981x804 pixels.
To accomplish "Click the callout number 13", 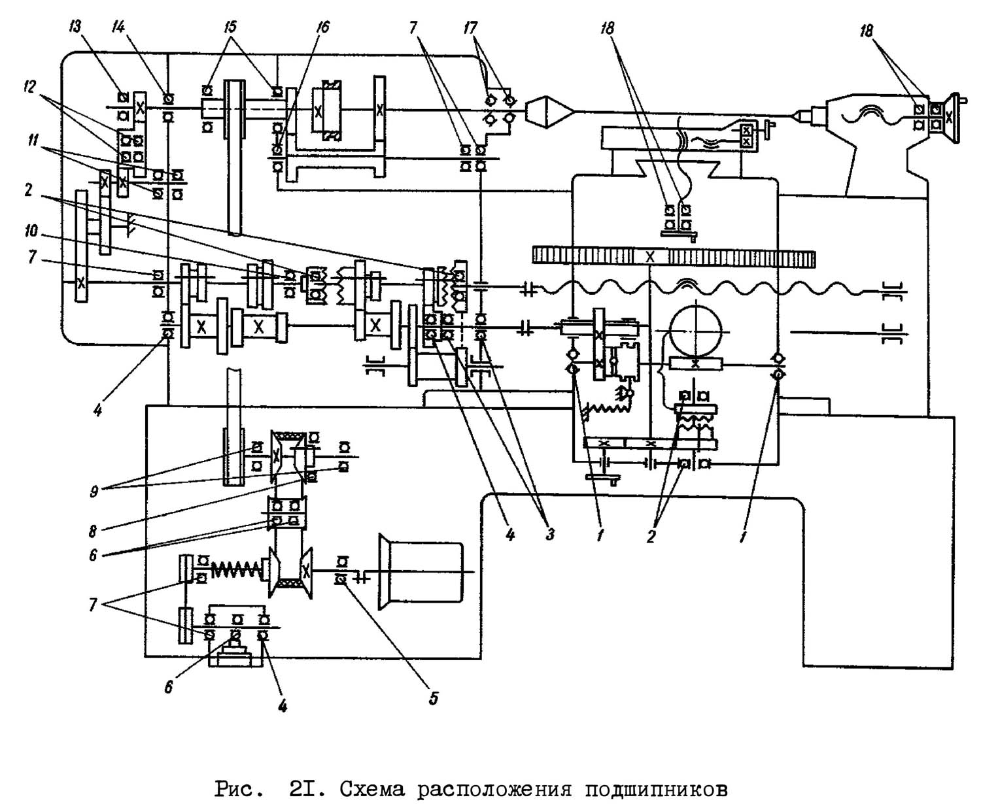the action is pyautogui.click(x=75, y=27).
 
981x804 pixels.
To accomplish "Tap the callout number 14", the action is pyautogui.click(x=118, y=27).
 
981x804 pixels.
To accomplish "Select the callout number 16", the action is pyautogui.click(x=321, y=27).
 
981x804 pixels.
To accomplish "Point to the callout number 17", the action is pyautogui.click(x=470, y=27).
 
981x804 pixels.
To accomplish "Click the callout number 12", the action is pyautogui.click(x=29, y=86).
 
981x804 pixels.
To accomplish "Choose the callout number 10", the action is pyautogui.click(x=31, y=231).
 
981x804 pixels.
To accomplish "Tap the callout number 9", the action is pyautogui.click(x=94, y=491).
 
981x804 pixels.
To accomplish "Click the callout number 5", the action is pyautogui.click(x=434, y=698).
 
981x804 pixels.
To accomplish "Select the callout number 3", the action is pyautogui.click(x=550, y=534).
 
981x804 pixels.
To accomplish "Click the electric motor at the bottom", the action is pyautogui.click(x=421, y=572).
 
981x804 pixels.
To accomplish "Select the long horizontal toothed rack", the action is pyautogui.click(x=673, y=256).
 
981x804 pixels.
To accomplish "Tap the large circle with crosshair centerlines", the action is pyautogui.click(x=695, y=331).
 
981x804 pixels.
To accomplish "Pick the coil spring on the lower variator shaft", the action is pyautogui.click(x=236, y=569).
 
